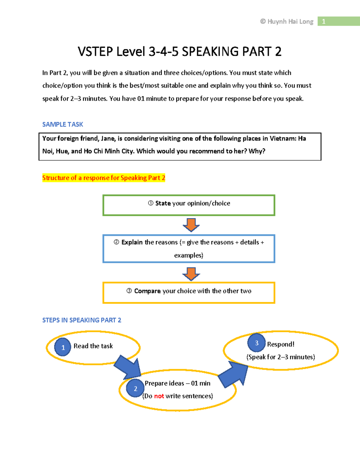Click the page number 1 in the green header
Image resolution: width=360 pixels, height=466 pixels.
pos(323,21)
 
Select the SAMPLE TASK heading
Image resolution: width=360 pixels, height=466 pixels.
pos(62,124)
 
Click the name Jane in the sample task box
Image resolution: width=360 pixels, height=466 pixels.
pos(107,138)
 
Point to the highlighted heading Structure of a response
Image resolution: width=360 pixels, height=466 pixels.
pos(103,178)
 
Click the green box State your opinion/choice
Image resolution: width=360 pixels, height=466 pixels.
pos(189,205)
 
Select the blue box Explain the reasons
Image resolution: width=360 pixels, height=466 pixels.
pos(189,249)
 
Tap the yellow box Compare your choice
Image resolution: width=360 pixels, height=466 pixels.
pos(189,293)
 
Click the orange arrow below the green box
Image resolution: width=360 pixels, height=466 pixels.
pos(191,225)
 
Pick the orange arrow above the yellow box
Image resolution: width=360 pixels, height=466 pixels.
pos(191,273)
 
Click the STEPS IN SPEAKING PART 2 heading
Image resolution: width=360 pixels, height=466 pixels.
pos(82,320)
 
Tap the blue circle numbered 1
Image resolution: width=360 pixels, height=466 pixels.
pos(63,347)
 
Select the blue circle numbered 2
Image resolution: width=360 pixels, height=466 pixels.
pos(135,388)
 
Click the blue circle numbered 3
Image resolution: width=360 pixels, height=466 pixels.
pos(256,343)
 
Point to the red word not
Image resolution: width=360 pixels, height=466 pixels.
pos(159,396)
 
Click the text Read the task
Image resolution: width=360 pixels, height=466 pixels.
pos(93,346)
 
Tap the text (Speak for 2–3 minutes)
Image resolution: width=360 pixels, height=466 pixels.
pos(280,357)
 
